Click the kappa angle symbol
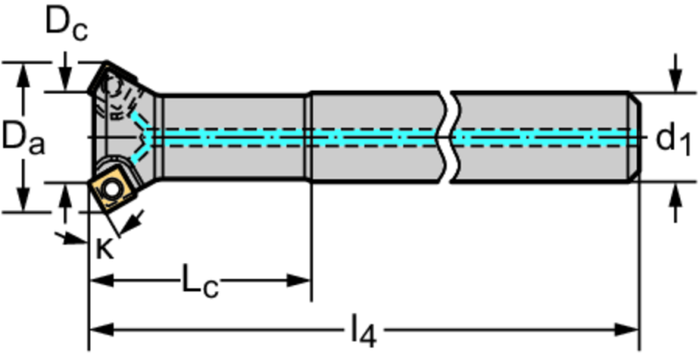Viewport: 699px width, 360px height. pyautogui.click(x=105, y=248)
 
